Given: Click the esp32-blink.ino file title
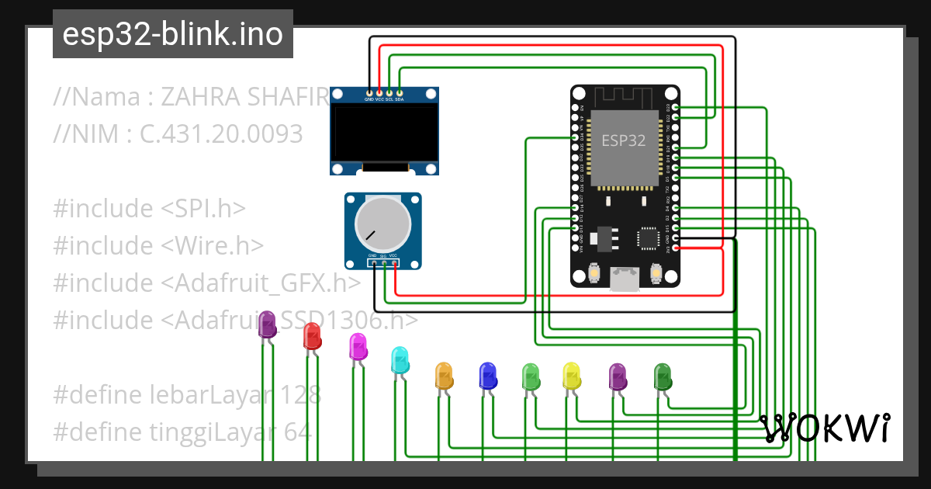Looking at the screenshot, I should [172, 35].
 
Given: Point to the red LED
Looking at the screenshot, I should [312, 336].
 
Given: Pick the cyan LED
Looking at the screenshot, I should [400, 359].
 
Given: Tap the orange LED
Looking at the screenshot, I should [443, 375].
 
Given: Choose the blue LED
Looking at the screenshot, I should [487, 375].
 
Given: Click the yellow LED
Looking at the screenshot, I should [571, 376].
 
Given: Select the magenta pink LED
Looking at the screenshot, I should [358, 346].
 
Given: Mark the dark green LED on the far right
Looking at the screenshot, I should [662, 376].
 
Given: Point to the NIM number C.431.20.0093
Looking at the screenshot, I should [221, 134].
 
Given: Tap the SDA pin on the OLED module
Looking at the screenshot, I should [400, 94].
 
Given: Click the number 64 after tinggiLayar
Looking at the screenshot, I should [298, 432].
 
